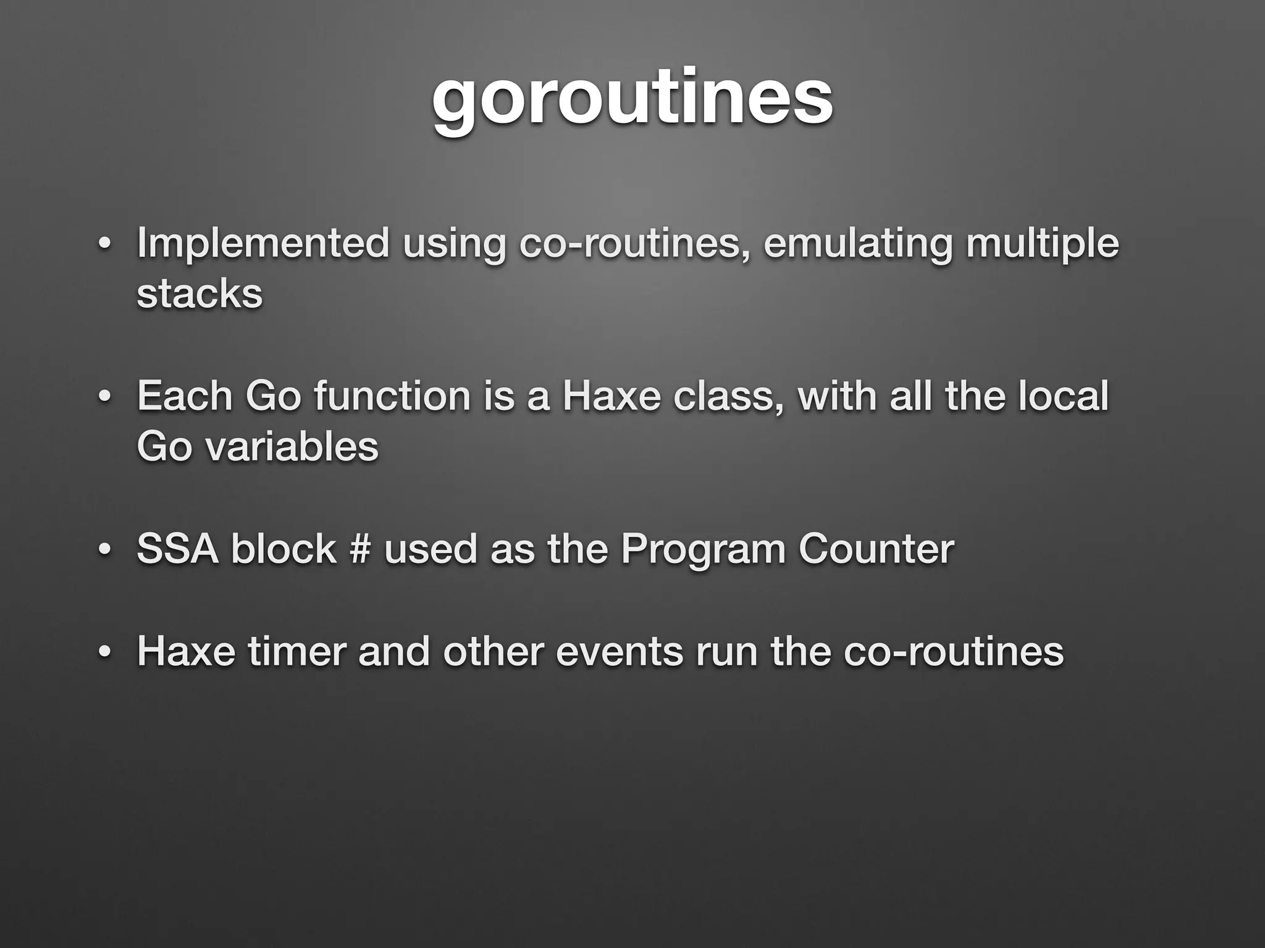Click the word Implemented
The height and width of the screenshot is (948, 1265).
[x=263, y=243]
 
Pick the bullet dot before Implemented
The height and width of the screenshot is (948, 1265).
[x=104, y=244]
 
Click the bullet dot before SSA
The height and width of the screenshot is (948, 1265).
[x=104, y=549]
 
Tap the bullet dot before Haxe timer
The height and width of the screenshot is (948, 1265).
[x=104, y=652]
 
